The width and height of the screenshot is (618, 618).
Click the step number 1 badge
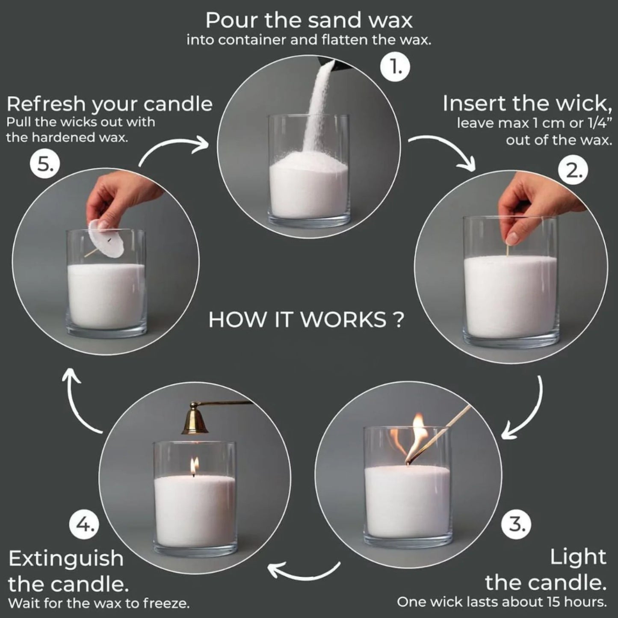(x=395, y=67)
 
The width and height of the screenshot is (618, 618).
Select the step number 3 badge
(x=517, y=523)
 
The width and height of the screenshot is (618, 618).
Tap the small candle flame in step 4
(x=194, y=466)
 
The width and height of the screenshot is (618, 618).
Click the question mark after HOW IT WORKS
(x=397, y=320)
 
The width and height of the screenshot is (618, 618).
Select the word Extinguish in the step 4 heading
(x=66, y=559)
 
